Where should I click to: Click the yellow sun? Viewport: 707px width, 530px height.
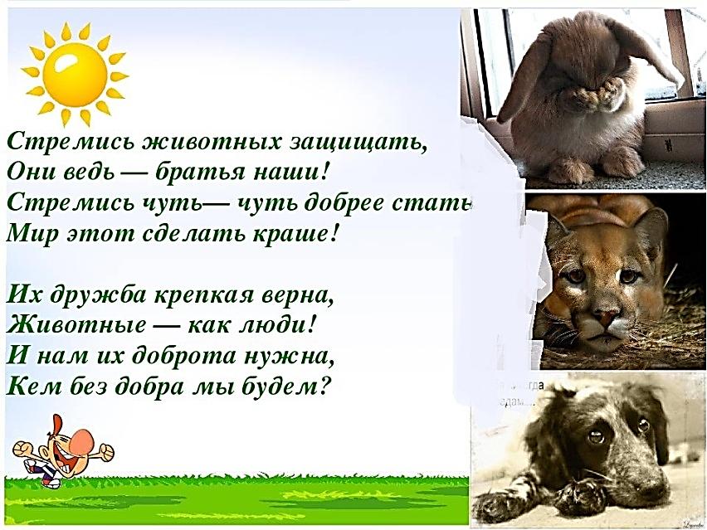click(x=75, y=74)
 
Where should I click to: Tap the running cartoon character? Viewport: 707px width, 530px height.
click(x=62, y=452)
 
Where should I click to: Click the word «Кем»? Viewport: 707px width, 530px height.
click(x=31, y=387)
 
